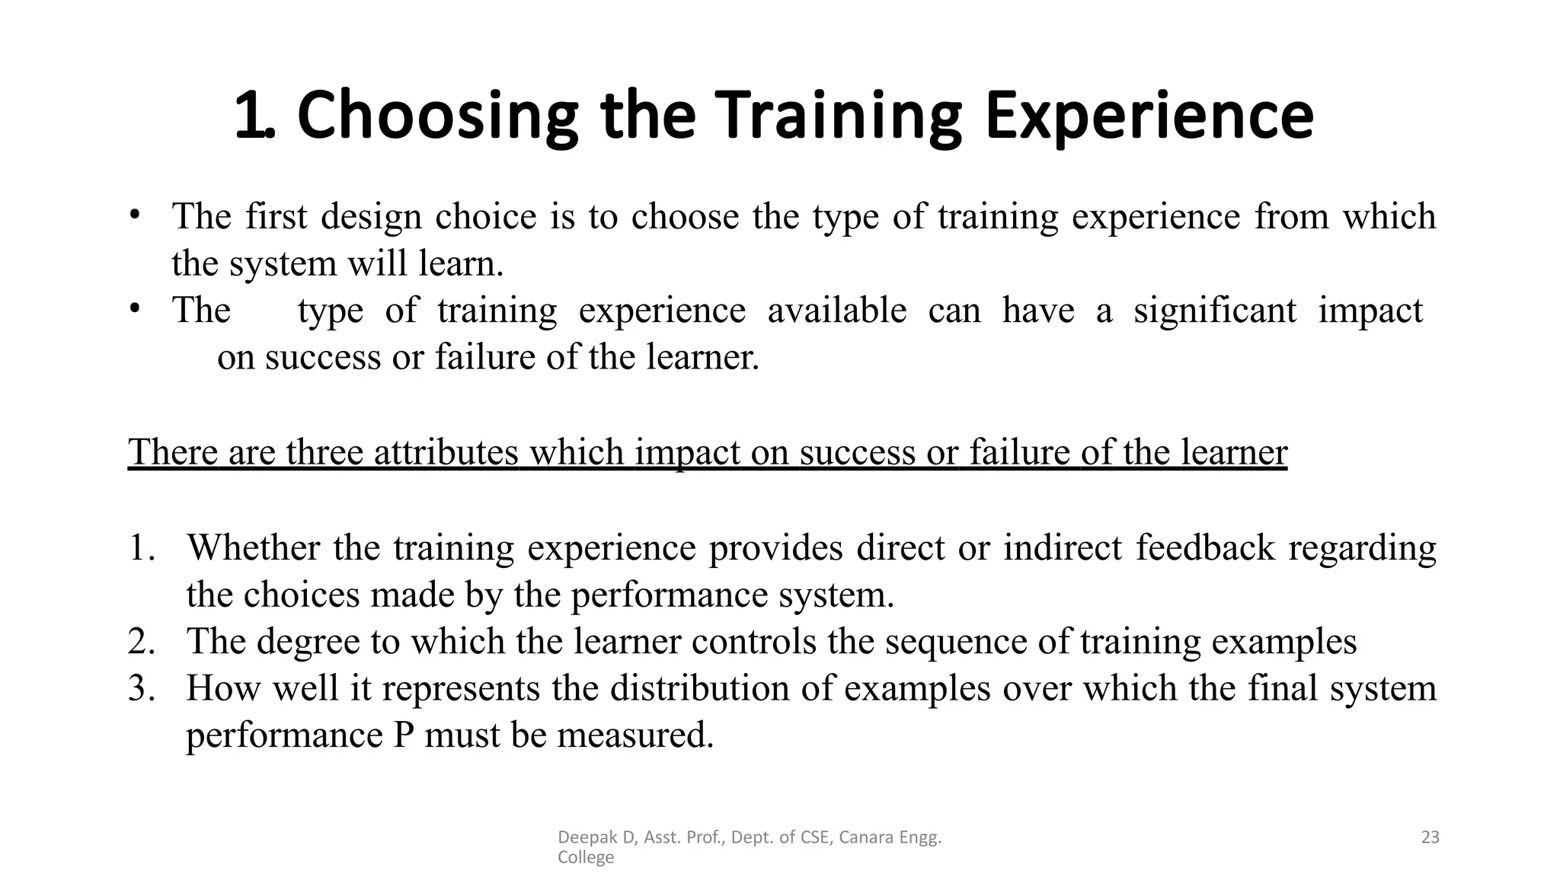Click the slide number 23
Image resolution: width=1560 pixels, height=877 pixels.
pyautogui.click(x=1431, y=837)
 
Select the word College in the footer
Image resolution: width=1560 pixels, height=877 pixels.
pyautogui.click(x=585, y=858)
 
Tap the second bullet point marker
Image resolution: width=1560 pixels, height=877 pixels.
pyautogui.click(x=135, y=308)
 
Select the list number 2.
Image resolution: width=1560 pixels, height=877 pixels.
pyautogui.click(x=141, y=642)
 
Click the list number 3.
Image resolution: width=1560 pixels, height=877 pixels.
pyautogui.click(x=141, y=689)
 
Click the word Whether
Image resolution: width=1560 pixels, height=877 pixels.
pyautogui.click(x=254, y=548)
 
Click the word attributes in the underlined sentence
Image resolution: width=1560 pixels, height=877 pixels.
pyautogui.click(x=446, y=452)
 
